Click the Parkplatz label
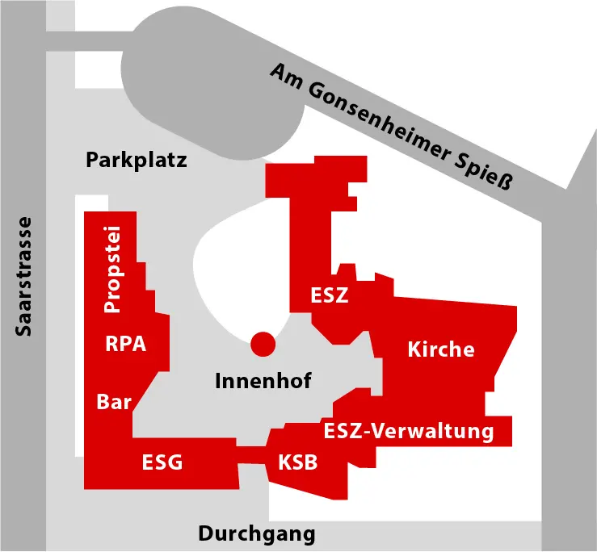(x=137, y=161)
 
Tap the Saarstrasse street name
(x=23, y=277)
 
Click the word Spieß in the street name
(x=484, y=172)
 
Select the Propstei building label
(x=113, y=270)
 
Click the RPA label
(x=126, y=344)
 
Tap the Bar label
(x=114, y=402)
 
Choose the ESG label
(x=162, y=462)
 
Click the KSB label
(x=298, y=462)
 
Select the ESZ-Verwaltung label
(x=409, y=431)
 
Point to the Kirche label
(x=441, y=349)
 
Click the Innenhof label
(x=263, y=381)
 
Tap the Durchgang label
(x=257, y=534)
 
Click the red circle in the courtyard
(x=263, y=345)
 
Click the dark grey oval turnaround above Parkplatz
(x=213, y=84)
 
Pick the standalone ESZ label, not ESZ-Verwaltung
(x=330, y=295)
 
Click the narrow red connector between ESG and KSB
(x=251, y=455)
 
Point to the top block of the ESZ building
(x=316, y=177)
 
